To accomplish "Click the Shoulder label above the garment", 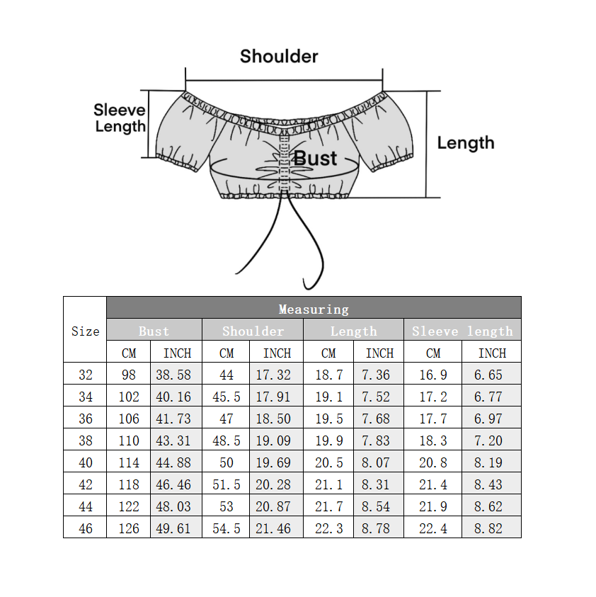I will [x=279, y=57].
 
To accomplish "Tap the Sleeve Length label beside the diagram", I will [x=120, y=118].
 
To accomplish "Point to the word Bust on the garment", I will [x=315, y=158].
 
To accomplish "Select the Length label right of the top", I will [x=465, y=143].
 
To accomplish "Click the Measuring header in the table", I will [x=314, y=309].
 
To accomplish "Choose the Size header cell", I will [x=85, y=331].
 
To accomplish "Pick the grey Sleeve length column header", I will [x=462, y=331].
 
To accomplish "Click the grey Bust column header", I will [x=154, y=331].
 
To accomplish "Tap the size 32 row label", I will [x=85, y=375].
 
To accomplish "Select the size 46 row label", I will [x=85, y=528].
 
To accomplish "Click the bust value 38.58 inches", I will [x=173, y=375].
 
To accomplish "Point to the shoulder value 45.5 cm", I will [x=226, y=397].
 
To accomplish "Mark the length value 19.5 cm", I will [x=328, y=419].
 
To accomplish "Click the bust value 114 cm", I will [x=129, y=462].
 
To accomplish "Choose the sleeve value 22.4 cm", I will [x=432, y=528].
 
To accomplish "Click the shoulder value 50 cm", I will [x=226, y=462].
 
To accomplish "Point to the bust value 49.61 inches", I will [x=173, y=528].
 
